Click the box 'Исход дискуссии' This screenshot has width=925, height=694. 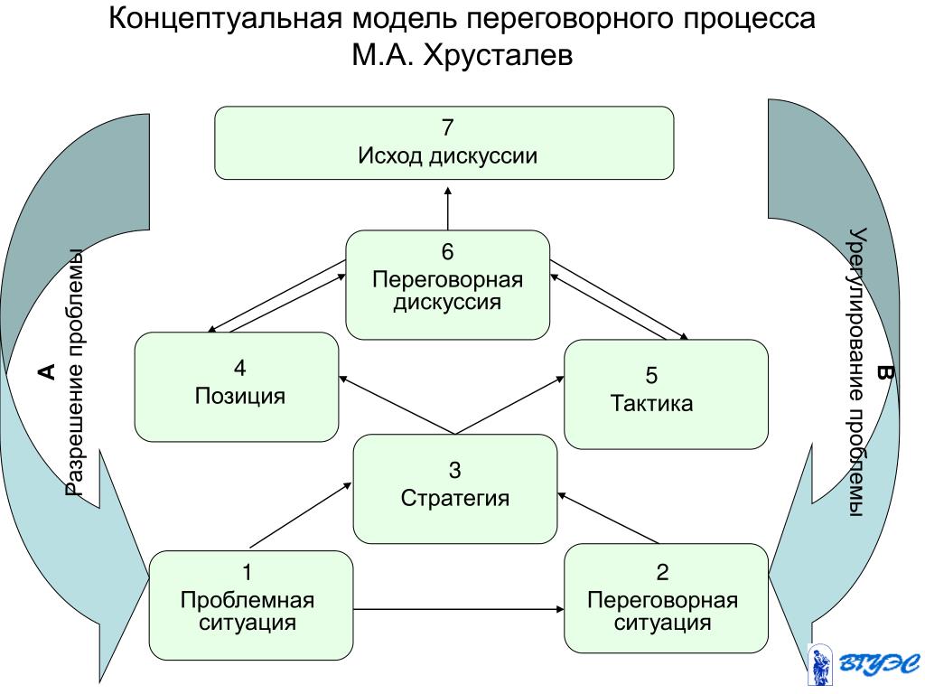(444, 143)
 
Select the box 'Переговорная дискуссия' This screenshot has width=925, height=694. (448, 285)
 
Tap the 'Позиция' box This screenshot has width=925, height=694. (237, 387)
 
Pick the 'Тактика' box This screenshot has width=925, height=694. (666, 393)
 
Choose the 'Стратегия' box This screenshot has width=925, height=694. (454, 489)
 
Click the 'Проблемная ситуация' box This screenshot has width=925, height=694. (250, 605)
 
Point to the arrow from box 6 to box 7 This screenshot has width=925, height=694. (447, 208)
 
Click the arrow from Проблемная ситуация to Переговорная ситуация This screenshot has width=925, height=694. (457, 611)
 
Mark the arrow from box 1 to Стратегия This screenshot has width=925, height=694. (300, 515)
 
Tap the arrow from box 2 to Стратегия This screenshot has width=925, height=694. (609, 517)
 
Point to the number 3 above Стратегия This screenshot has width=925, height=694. (455, 470)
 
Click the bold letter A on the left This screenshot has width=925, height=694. (46, 370)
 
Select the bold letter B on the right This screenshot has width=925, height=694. (884, 372)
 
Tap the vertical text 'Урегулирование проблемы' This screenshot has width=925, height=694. (857, 372)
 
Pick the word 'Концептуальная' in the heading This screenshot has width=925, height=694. (223, 20)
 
